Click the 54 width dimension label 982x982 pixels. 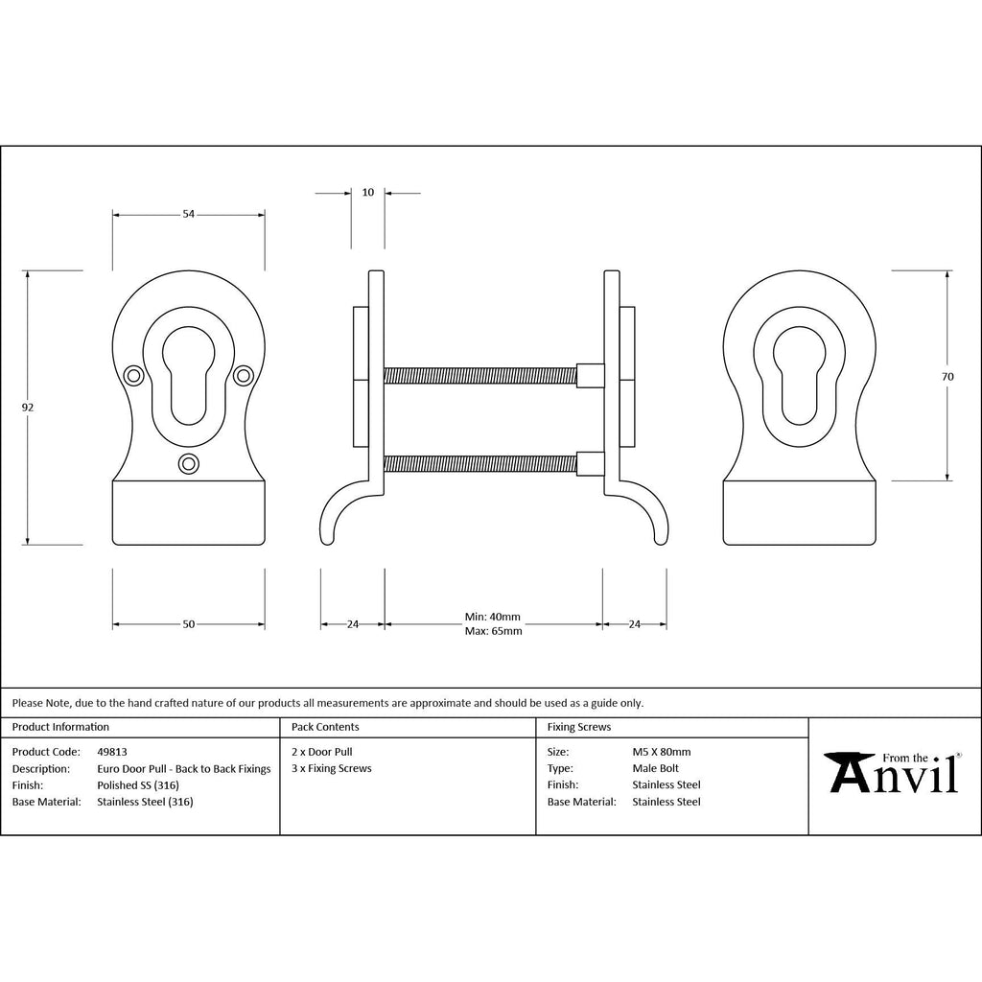click(189, 214)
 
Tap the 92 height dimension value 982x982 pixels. click(28, 407)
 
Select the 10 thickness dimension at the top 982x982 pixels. click(368, 192)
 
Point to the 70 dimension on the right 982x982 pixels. click(947, 376)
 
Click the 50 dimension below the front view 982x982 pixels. click(189, 623)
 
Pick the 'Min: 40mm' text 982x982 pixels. click(493, 617)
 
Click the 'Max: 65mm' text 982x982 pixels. click(494, 631)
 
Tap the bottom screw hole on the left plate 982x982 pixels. click(189, 464)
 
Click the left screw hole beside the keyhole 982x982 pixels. click(132, 375)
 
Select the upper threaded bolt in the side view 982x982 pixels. click(479, 375)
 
